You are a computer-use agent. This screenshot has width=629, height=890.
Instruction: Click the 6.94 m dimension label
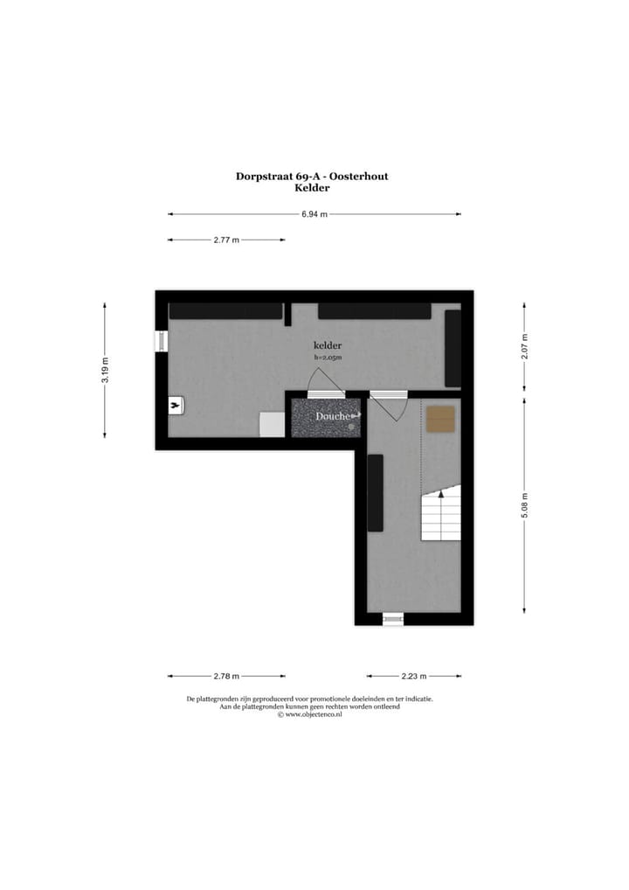click(x=314, y=214)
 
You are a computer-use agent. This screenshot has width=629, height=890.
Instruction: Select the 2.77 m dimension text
click(x=226, y=240)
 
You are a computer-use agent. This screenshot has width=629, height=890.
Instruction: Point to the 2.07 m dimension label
click(x=524, y=348)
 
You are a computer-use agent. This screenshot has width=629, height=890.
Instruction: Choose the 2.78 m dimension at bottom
click(x=226, y=676)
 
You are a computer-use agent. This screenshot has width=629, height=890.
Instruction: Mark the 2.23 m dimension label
click(x=414, y=676)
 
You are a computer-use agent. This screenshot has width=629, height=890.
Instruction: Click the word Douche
click(x=333, y=417)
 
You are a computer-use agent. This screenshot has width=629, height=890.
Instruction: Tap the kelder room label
click(x=328, y=346)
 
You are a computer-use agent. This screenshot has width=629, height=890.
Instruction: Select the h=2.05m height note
click(x=328, y=358)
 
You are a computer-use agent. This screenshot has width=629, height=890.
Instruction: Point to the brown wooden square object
click(x=441, y=419)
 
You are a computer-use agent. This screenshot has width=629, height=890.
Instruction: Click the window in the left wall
click(x=162, y=341)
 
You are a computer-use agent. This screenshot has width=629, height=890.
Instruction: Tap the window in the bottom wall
click(x=393, y=619)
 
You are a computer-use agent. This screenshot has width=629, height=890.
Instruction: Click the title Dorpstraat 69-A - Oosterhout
click(x=312, y=176)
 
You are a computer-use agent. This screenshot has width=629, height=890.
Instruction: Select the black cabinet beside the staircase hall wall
click(x=375, y=493)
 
